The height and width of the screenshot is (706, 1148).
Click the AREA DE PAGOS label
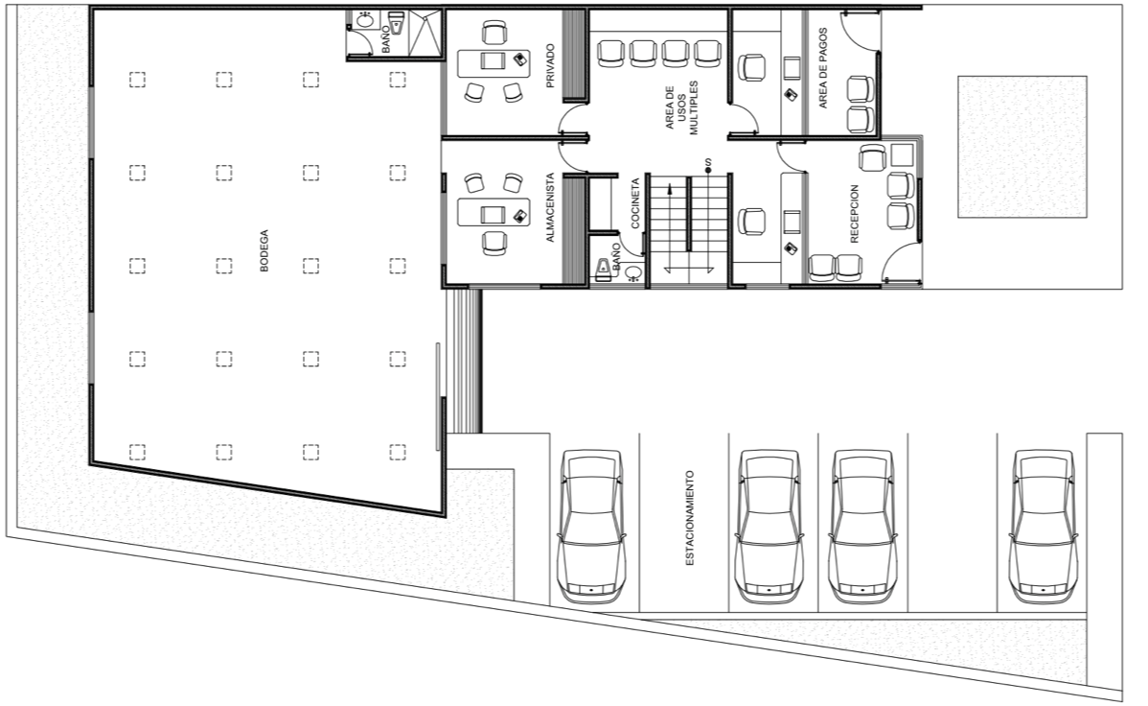(x=823, y=69)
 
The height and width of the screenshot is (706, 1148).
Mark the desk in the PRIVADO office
(x=494, y=63)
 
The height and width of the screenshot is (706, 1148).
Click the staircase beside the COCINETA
(x=690, y=227)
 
